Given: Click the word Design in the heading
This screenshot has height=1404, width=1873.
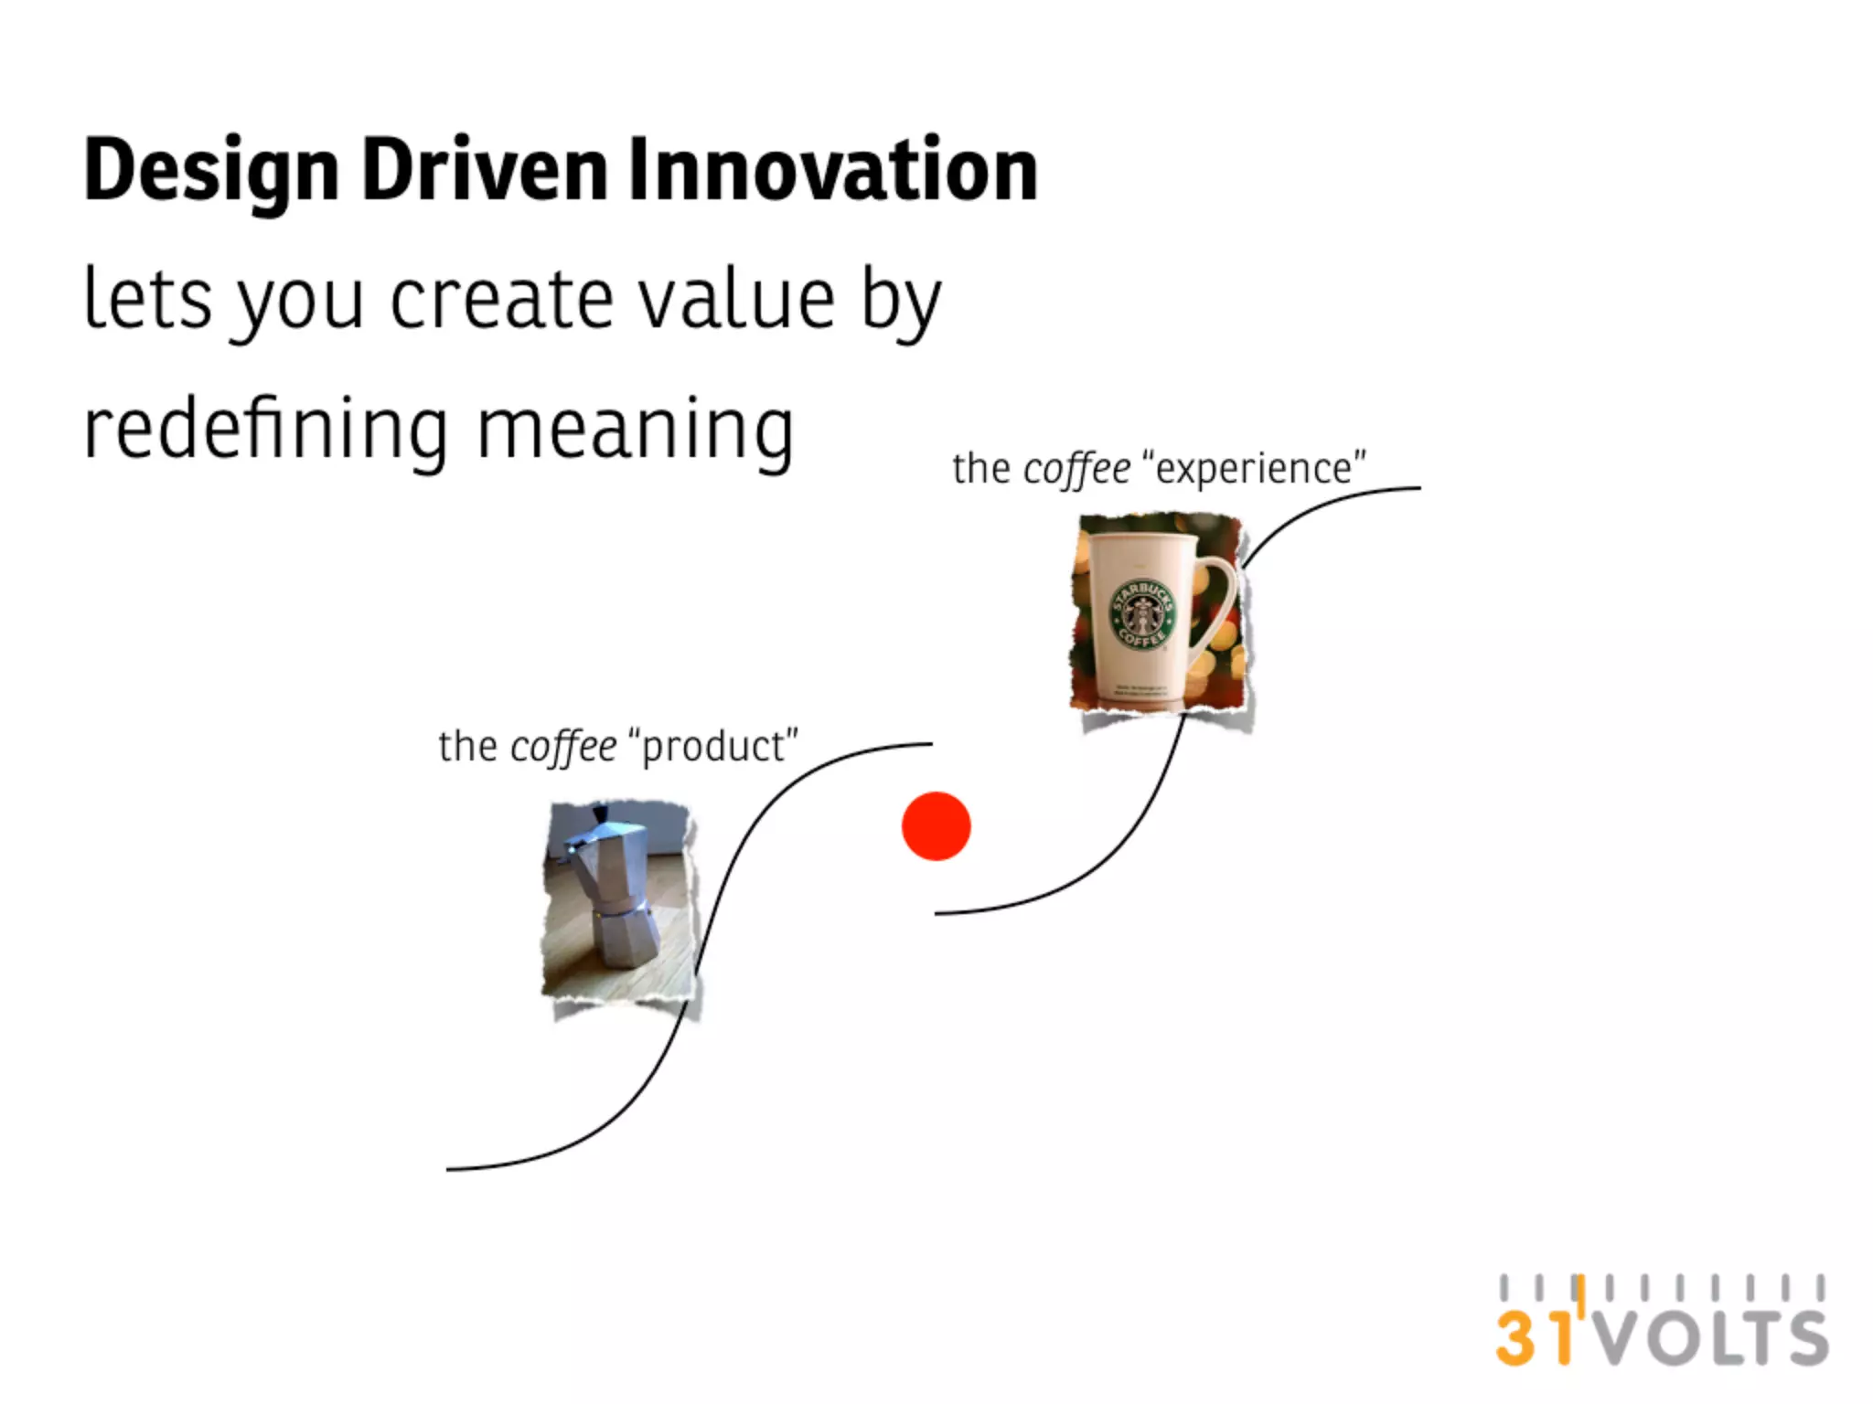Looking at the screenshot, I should [x=211, y=172].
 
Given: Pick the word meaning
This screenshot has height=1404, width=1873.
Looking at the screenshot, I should [x=635, y=431].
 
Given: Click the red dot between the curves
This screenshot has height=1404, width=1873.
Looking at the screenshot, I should [x=936, y=826].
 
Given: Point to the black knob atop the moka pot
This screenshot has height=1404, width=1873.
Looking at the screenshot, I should [x=600, y=813].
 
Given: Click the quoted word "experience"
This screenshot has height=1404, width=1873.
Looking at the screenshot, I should [x=1253, y=469].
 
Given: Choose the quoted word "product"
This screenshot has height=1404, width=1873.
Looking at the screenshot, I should [x=713, y=747].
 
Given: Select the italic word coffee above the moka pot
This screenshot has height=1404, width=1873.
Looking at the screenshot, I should [x=563, y=747].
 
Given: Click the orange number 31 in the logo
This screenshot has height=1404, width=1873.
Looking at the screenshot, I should [x=1535, y=1337].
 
